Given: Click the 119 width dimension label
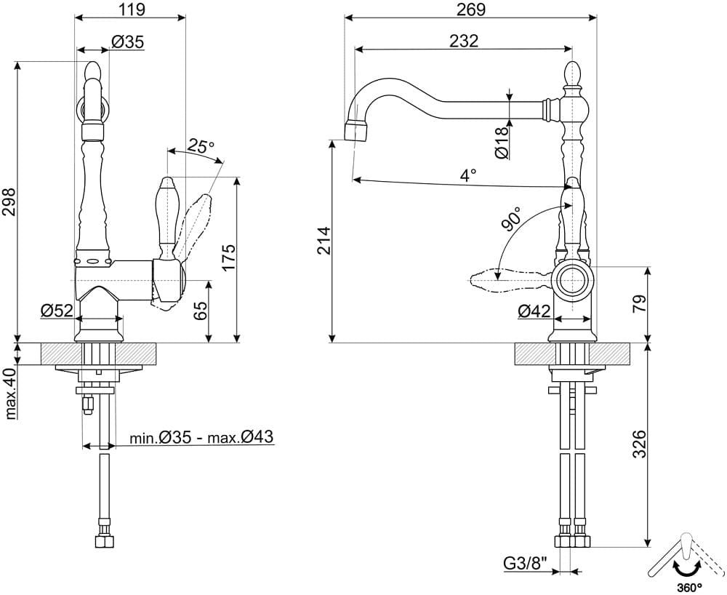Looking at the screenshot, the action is [130, 9].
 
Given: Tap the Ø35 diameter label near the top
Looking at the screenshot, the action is [127, 42].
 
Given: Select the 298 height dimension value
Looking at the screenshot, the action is [9, 201].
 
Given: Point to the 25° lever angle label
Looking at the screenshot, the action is [201, 145].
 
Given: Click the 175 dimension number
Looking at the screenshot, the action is [228, 258].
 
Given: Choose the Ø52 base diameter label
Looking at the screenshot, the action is [57, 311].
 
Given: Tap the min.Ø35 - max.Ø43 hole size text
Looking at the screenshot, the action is [201, 437].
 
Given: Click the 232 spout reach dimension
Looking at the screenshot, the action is [464, 41].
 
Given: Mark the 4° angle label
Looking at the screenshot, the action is [467, 175].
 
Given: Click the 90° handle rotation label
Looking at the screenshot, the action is [511, 219].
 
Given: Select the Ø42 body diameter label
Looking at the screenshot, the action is [534, 311].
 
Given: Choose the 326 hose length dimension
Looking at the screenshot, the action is [639, 444].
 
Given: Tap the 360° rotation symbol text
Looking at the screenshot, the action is [689, 588].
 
